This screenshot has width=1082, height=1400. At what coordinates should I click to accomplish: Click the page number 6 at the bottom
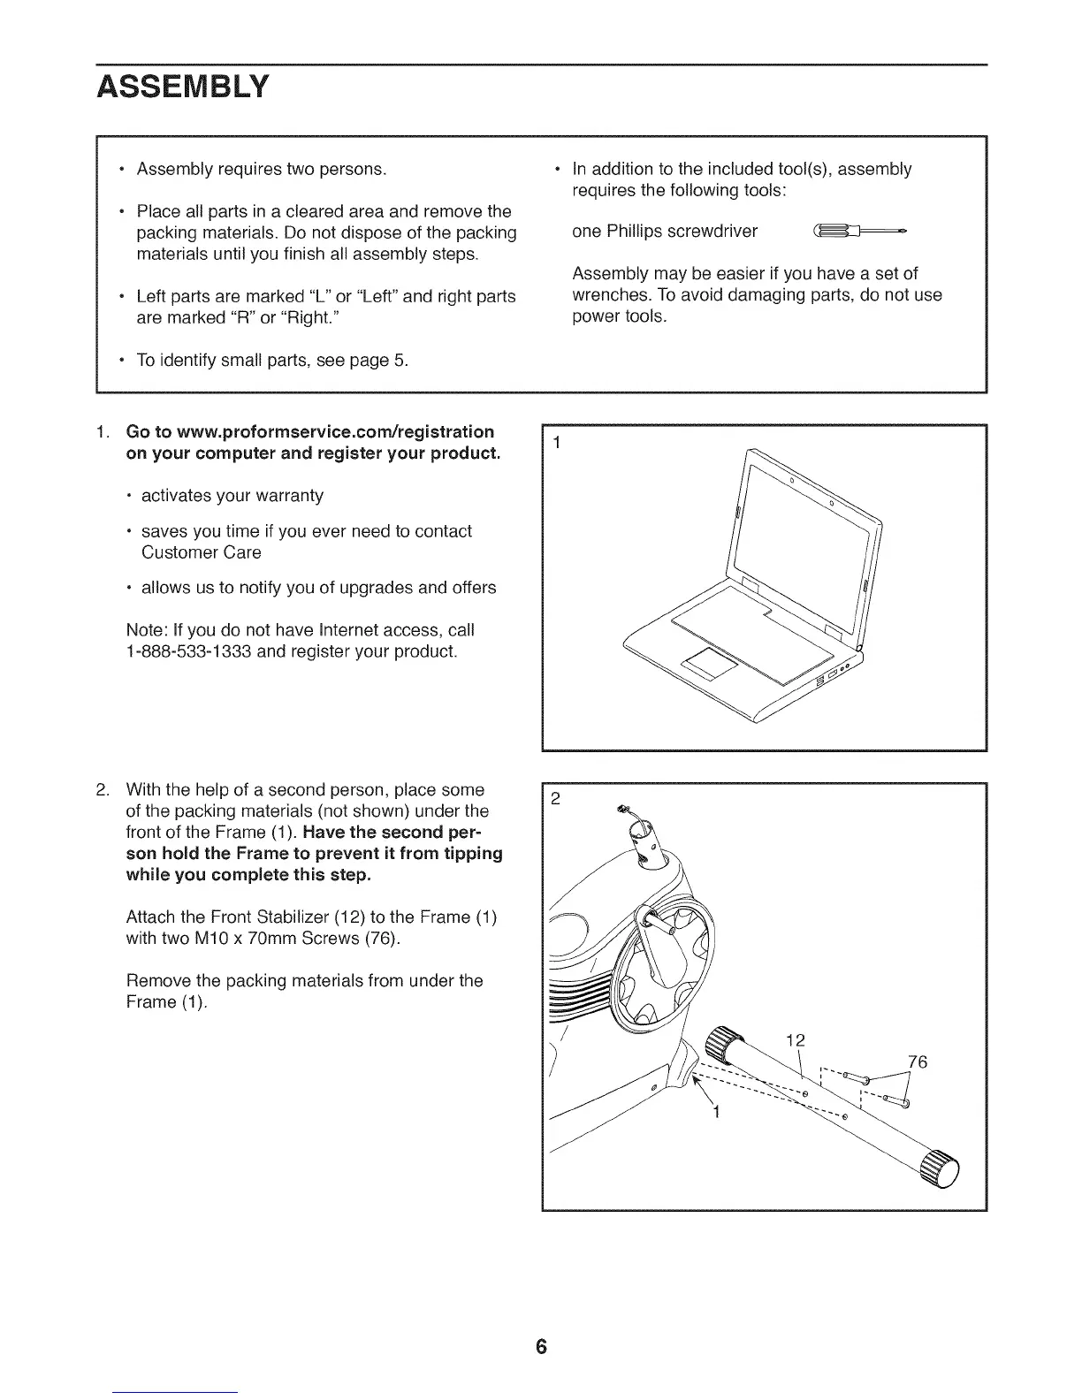541,1347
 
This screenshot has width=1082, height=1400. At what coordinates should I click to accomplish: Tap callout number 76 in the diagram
918,1061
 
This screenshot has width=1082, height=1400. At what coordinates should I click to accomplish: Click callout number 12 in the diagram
796,1040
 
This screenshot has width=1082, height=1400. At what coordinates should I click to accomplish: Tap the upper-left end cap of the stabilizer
728,1043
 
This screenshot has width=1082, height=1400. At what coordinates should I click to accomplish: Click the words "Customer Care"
202,552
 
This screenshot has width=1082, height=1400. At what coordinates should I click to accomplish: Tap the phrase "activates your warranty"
232,495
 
